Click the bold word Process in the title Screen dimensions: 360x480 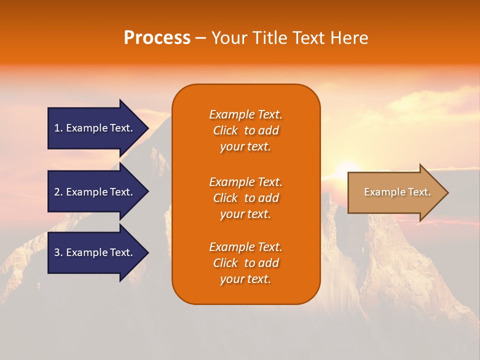click(157, 38)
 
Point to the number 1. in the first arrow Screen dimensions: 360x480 click(58, 128)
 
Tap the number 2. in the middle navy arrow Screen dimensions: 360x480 click(58, 192)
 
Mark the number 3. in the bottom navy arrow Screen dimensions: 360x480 click(58, 252)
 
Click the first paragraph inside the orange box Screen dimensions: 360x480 click(245, 130)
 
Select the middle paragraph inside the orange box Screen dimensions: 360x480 click(245, 198)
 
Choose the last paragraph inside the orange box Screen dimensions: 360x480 click(245, 263)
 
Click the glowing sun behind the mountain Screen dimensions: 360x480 click(348, 167)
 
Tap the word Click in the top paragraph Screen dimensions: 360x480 click(225, 130)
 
